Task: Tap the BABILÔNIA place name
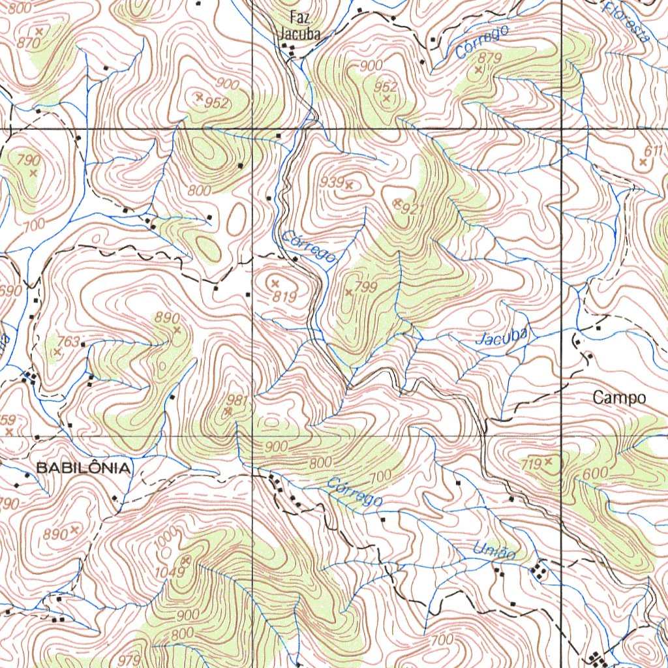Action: pos(83,468)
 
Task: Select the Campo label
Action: pos(619,398)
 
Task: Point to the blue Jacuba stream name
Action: pos(502,337)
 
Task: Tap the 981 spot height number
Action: pos(237,400)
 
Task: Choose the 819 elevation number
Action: pos(285,296)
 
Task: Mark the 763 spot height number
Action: pos(68,342)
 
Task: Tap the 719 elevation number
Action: pos(531,464)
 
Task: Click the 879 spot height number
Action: pos(489,58)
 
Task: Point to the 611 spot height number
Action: pos(653,151)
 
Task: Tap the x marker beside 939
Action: pos(349,186)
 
